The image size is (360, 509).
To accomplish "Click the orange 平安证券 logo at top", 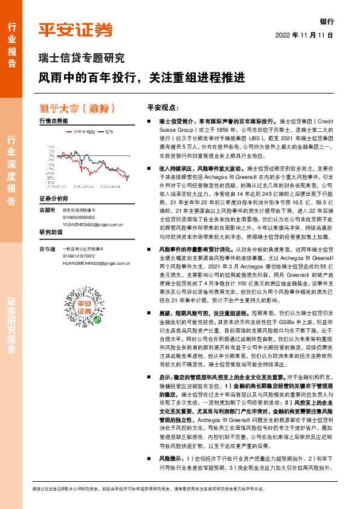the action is point(76,30).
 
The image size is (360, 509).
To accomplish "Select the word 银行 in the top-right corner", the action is point(327,20).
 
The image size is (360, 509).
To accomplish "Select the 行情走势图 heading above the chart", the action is point(54,122).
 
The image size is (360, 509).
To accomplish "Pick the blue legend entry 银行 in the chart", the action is point(109,131).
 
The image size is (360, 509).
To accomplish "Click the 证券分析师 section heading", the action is point(54,198).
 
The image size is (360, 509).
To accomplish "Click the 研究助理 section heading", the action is point(51,232).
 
